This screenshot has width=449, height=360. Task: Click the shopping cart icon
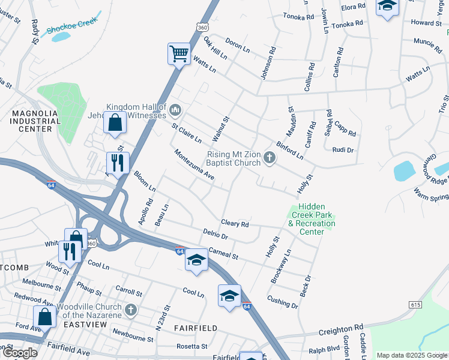coord(179,54)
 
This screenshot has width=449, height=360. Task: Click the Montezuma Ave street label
coord(194,164)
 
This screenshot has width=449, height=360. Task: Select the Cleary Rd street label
coord(235,224)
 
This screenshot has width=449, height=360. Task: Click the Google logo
coord(20,353)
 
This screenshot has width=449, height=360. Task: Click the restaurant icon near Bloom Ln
coord(118,162)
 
